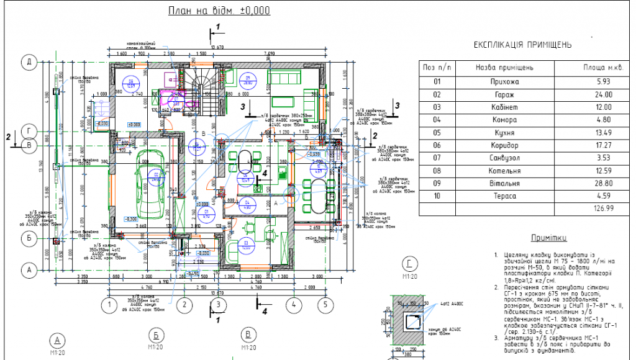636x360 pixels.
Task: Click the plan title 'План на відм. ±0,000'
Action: click(x=219, y=11)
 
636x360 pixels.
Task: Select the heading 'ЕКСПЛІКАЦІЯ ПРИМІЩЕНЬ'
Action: click(x=522, y=45)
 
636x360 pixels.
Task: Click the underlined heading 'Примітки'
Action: click(x=549, y=238)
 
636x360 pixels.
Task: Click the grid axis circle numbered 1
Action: click(x=109, y=305)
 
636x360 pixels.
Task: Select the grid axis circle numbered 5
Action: click(x=324, y=305)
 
